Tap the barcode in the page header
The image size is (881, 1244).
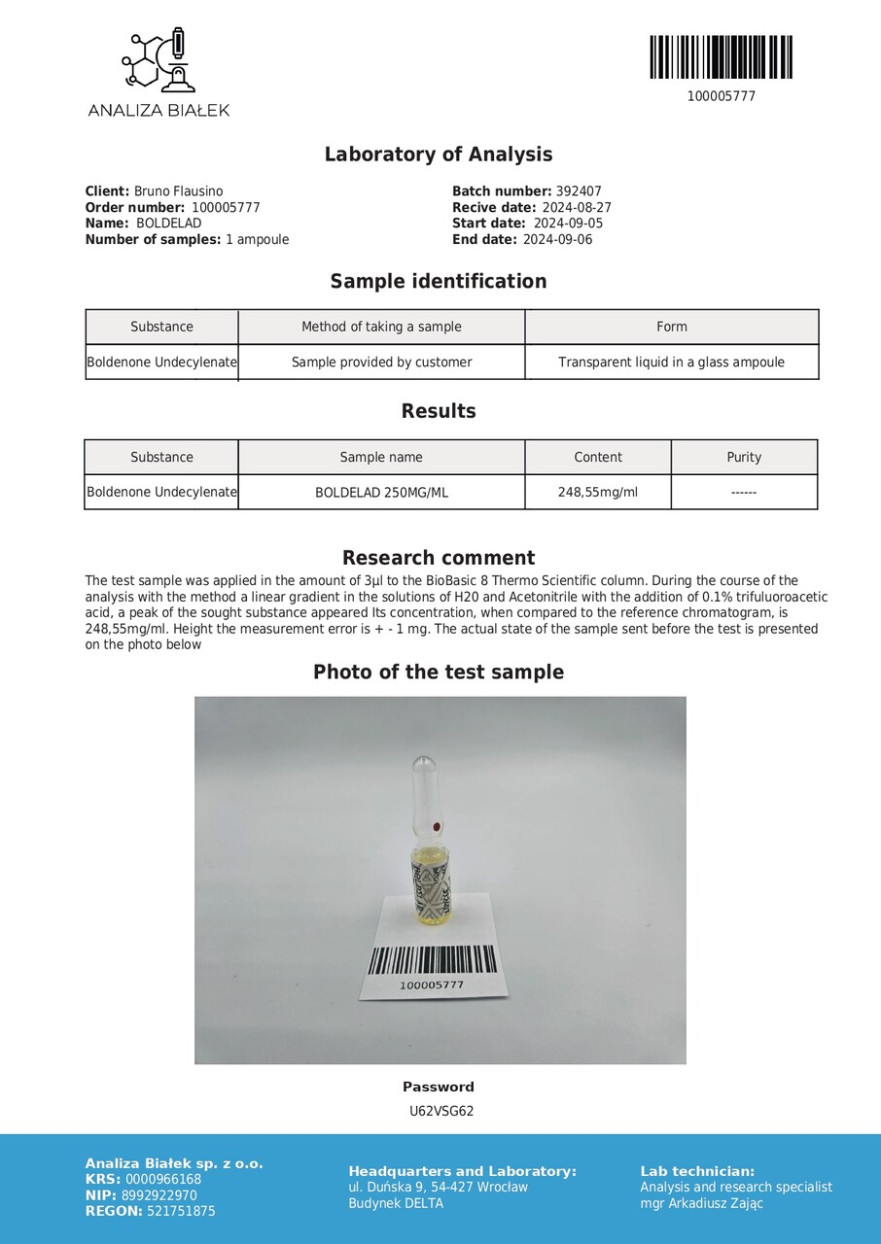click(721, 57)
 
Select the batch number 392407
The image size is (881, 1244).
click(579, 192)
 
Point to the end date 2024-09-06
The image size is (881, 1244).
click(557, 239)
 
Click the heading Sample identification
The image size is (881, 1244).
click(439, 282)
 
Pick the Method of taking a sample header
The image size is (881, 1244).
click(381, 327)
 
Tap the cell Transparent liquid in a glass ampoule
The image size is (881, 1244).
click(671, 363)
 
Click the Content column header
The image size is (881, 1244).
click(598, 457)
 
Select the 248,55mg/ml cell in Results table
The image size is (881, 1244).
click(598, 492)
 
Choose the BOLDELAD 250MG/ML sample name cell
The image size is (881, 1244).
click(381, 493)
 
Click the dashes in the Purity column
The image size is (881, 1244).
click(744, 493)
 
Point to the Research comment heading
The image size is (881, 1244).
click(439, 558)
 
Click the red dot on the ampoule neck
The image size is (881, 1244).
click(436, 827)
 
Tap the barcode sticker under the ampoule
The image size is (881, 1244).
click(432, 966)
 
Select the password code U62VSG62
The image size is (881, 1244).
click(440, 1111)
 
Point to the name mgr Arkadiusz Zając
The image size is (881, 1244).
click(701, 1203)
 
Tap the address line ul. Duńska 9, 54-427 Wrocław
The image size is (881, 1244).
click(438, 1187)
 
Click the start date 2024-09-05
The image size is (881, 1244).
click(568, 224)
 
